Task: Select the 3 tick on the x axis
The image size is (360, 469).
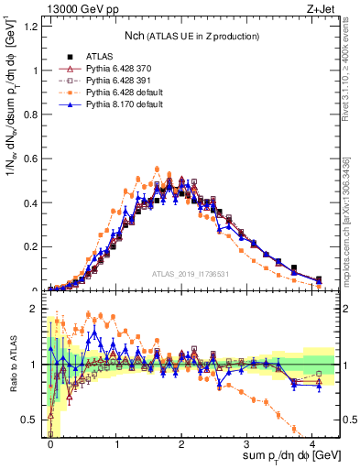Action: point(247,444)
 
